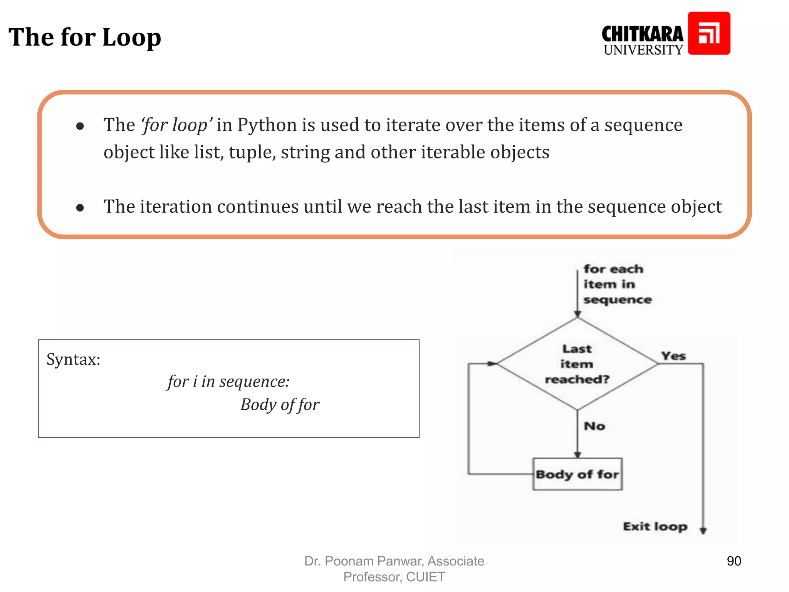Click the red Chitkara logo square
[x=709, y=33]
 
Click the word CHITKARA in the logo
[x=642, y=34]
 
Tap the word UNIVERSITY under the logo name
[x=643, y=50]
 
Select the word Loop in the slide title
[x=132, y=37]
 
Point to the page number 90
[x=734, y=561]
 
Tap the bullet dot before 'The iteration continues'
[x=80, y=208]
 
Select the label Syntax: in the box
[x=73, y=359]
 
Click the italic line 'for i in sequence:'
[x=228, y=382]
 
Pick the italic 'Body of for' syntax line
[x=280, y=405]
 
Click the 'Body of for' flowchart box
[x=577, y=474]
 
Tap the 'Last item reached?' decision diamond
[x=577, y=364]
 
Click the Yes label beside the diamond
[x=673, y=356]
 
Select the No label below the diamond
[x=594, y=426]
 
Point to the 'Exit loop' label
[x=655, y=526]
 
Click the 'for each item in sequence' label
[x=616, y=284]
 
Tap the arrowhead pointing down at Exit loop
[x=703, y=531]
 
